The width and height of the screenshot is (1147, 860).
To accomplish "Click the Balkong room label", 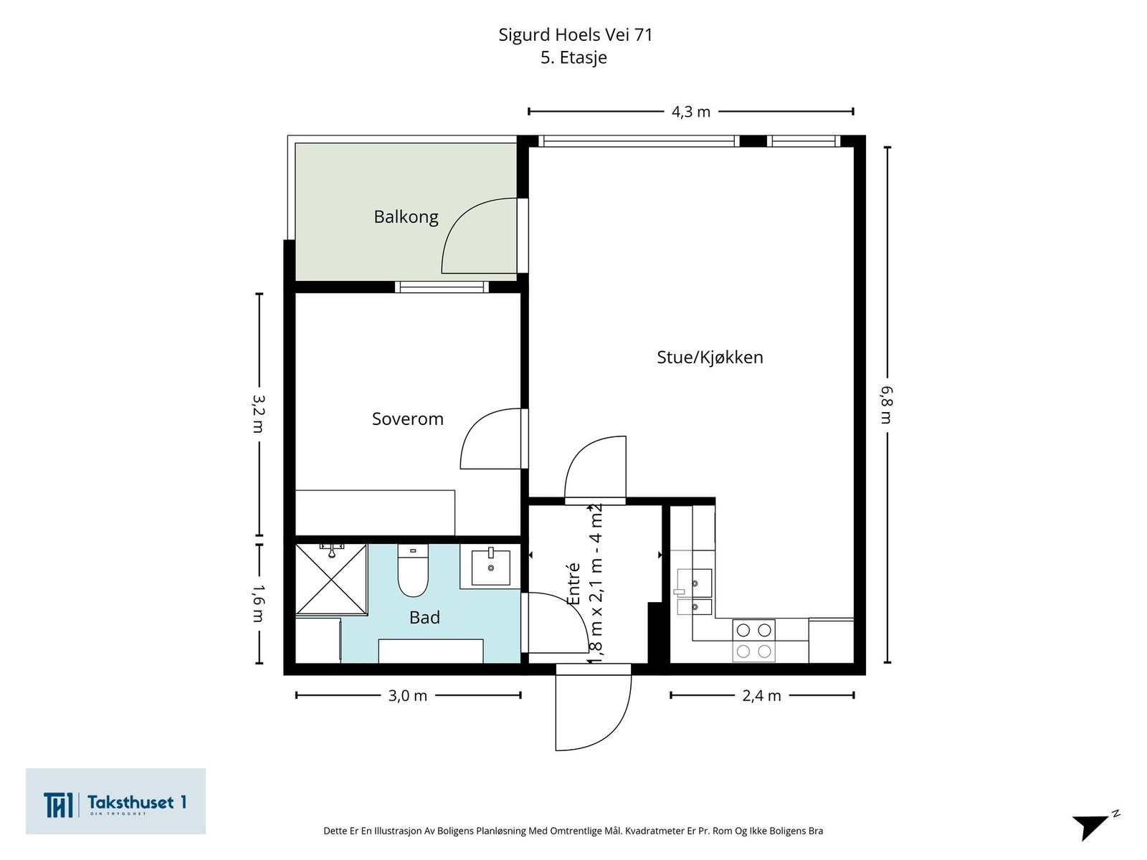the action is coord(406,216).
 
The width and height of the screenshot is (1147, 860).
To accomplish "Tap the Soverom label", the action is coord(408,419).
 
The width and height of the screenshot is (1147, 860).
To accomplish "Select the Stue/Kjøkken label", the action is coord(710,357).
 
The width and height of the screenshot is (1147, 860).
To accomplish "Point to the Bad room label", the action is coord(424,618).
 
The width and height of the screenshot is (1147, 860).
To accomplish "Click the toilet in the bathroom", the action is coord(413,570).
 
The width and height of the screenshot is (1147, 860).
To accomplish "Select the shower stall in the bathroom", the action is coord(331,579).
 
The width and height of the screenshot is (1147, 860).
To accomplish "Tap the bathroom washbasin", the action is coord(490,567).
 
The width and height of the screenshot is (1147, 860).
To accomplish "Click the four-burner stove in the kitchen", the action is coord(753,641).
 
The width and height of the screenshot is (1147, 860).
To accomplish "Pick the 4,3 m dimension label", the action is coord(691,112).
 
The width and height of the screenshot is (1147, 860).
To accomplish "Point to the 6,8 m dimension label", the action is coord(887,405).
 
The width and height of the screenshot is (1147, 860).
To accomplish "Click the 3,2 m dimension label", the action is coord(259,414).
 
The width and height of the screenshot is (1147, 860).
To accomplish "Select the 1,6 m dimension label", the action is coord(259,603).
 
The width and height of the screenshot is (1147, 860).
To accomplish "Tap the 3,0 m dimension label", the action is coord(408,695).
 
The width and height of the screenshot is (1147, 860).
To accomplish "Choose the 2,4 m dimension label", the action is coord(761,695).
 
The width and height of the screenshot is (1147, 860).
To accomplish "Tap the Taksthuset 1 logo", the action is coord(115,801).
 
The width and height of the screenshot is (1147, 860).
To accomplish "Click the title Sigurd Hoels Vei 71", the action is coord(576,35).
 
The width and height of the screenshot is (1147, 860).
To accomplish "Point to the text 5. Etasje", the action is coord(573,57).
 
